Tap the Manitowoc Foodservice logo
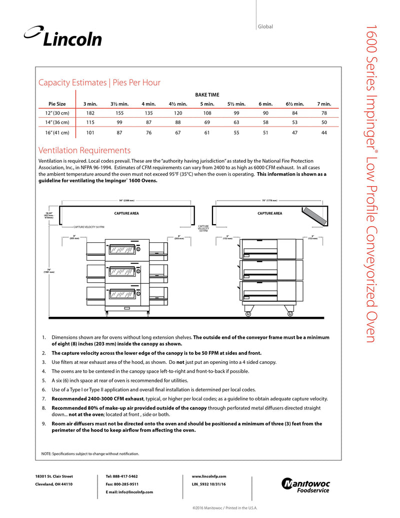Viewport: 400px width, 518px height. click(306, 485)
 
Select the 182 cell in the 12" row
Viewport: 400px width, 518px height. click(90, 113)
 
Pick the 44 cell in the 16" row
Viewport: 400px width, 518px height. click(324, 133)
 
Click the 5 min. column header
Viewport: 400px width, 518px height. click(207, 104)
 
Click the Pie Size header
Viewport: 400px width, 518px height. click(53, 104)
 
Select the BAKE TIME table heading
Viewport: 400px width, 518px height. click(207, 95)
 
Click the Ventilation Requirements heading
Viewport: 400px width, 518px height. click(84, 151)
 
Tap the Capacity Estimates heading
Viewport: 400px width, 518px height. click(99, 83)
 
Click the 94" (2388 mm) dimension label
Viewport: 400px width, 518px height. click(127, 201)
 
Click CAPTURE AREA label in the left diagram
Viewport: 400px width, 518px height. click(126, 214)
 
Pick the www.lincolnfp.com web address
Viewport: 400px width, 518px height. click(209, 476)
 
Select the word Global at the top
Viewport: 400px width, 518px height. click(265, 27)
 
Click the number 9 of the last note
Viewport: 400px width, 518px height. click(43, 423)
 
